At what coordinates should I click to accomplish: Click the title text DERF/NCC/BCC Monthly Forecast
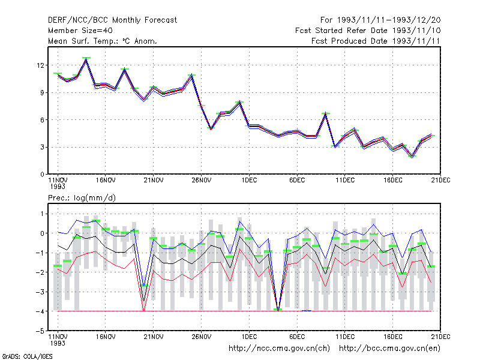[x=112, y=20]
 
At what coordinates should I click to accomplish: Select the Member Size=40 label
[x=80, y=31]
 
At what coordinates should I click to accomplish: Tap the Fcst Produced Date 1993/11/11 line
[x=376, y=41]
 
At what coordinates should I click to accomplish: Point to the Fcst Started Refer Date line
[x=368, y=31]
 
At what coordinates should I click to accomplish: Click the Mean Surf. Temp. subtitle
[x=103, y=41]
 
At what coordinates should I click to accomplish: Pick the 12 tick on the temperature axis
[x=40, y=65]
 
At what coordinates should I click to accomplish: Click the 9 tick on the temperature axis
[x=42, y=93]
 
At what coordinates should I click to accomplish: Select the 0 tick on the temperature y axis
[x=42, y=175]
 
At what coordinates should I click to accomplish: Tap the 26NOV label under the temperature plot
[x=202, y=181]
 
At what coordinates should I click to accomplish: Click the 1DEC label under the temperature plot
[x=249, y=181]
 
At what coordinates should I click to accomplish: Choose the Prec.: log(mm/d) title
[x=82, y=198]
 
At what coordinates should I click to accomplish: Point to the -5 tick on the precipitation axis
[x=40, y=331]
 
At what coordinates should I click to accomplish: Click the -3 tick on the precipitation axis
[x=40, y=292]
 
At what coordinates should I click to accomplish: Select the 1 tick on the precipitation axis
[x=42, y=214]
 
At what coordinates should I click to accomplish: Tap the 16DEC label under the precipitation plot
[x=393, y=337]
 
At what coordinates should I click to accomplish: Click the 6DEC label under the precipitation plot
[x=297, y=337]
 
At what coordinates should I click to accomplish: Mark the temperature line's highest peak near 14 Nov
[x=86, y=59]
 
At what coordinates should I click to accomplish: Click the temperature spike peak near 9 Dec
[x=326, y=113]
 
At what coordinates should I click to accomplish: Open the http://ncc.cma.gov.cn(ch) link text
[x=279, y=349]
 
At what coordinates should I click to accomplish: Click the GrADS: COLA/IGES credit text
[x=27, y=356]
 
